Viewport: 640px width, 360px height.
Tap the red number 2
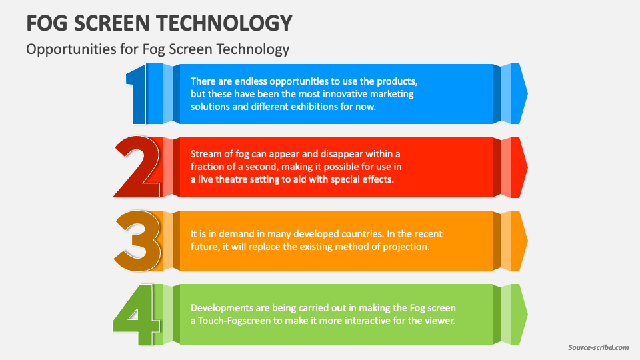pyautogui.click(x=137, y=167)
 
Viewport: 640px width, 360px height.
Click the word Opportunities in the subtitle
pyautogui.click(x=71, y=49)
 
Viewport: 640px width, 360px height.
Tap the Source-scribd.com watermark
pyautogui.click(x=599, y=347)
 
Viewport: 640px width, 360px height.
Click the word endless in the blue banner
pyautogui.click(x=251, y=81)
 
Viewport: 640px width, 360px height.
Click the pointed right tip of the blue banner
pyautogui.click(x=528, y=94)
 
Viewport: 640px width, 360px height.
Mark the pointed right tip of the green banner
pyautogui.click(x=528, y=314)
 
